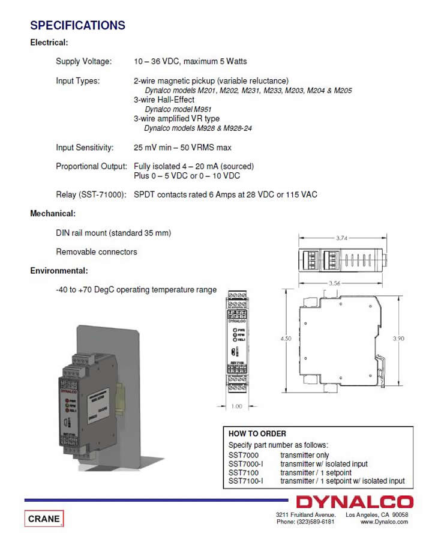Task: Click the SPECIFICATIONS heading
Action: click(x=77, y=25)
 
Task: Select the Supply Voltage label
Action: click(x=84, y=61)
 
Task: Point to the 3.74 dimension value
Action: click(x=342, y=238)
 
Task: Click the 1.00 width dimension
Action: click(x=237, y=406)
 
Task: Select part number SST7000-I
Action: click(x=246, y=464)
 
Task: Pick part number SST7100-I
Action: click(x=246, y=481)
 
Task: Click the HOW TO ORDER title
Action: click(x=257, y=433)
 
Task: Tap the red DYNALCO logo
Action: click(x=355, y=502)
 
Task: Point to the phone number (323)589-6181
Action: click(x=305, y=522)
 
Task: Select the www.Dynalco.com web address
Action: click(x=384, y=522)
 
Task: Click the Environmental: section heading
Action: click(x=59, y=271)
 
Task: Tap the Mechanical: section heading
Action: click(x=53, y=213)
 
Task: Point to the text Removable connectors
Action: click(x=97, y=252)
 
